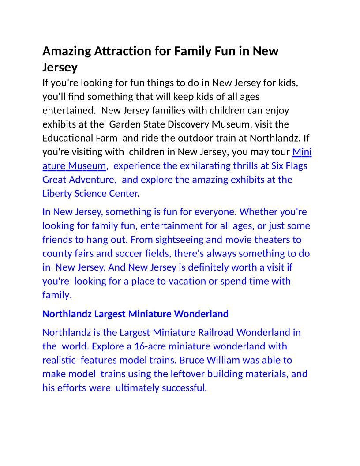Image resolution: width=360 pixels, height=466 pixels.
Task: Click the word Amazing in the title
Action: pos(67,51)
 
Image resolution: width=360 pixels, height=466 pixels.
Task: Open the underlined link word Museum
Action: pos(87,166)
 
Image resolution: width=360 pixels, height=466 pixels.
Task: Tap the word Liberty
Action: pos(58,194)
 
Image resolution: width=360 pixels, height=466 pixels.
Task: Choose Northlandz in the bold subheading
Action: pos(67,314)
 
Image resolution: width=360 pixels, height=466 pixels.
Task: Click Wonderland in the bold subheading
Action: pos(201,314)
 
